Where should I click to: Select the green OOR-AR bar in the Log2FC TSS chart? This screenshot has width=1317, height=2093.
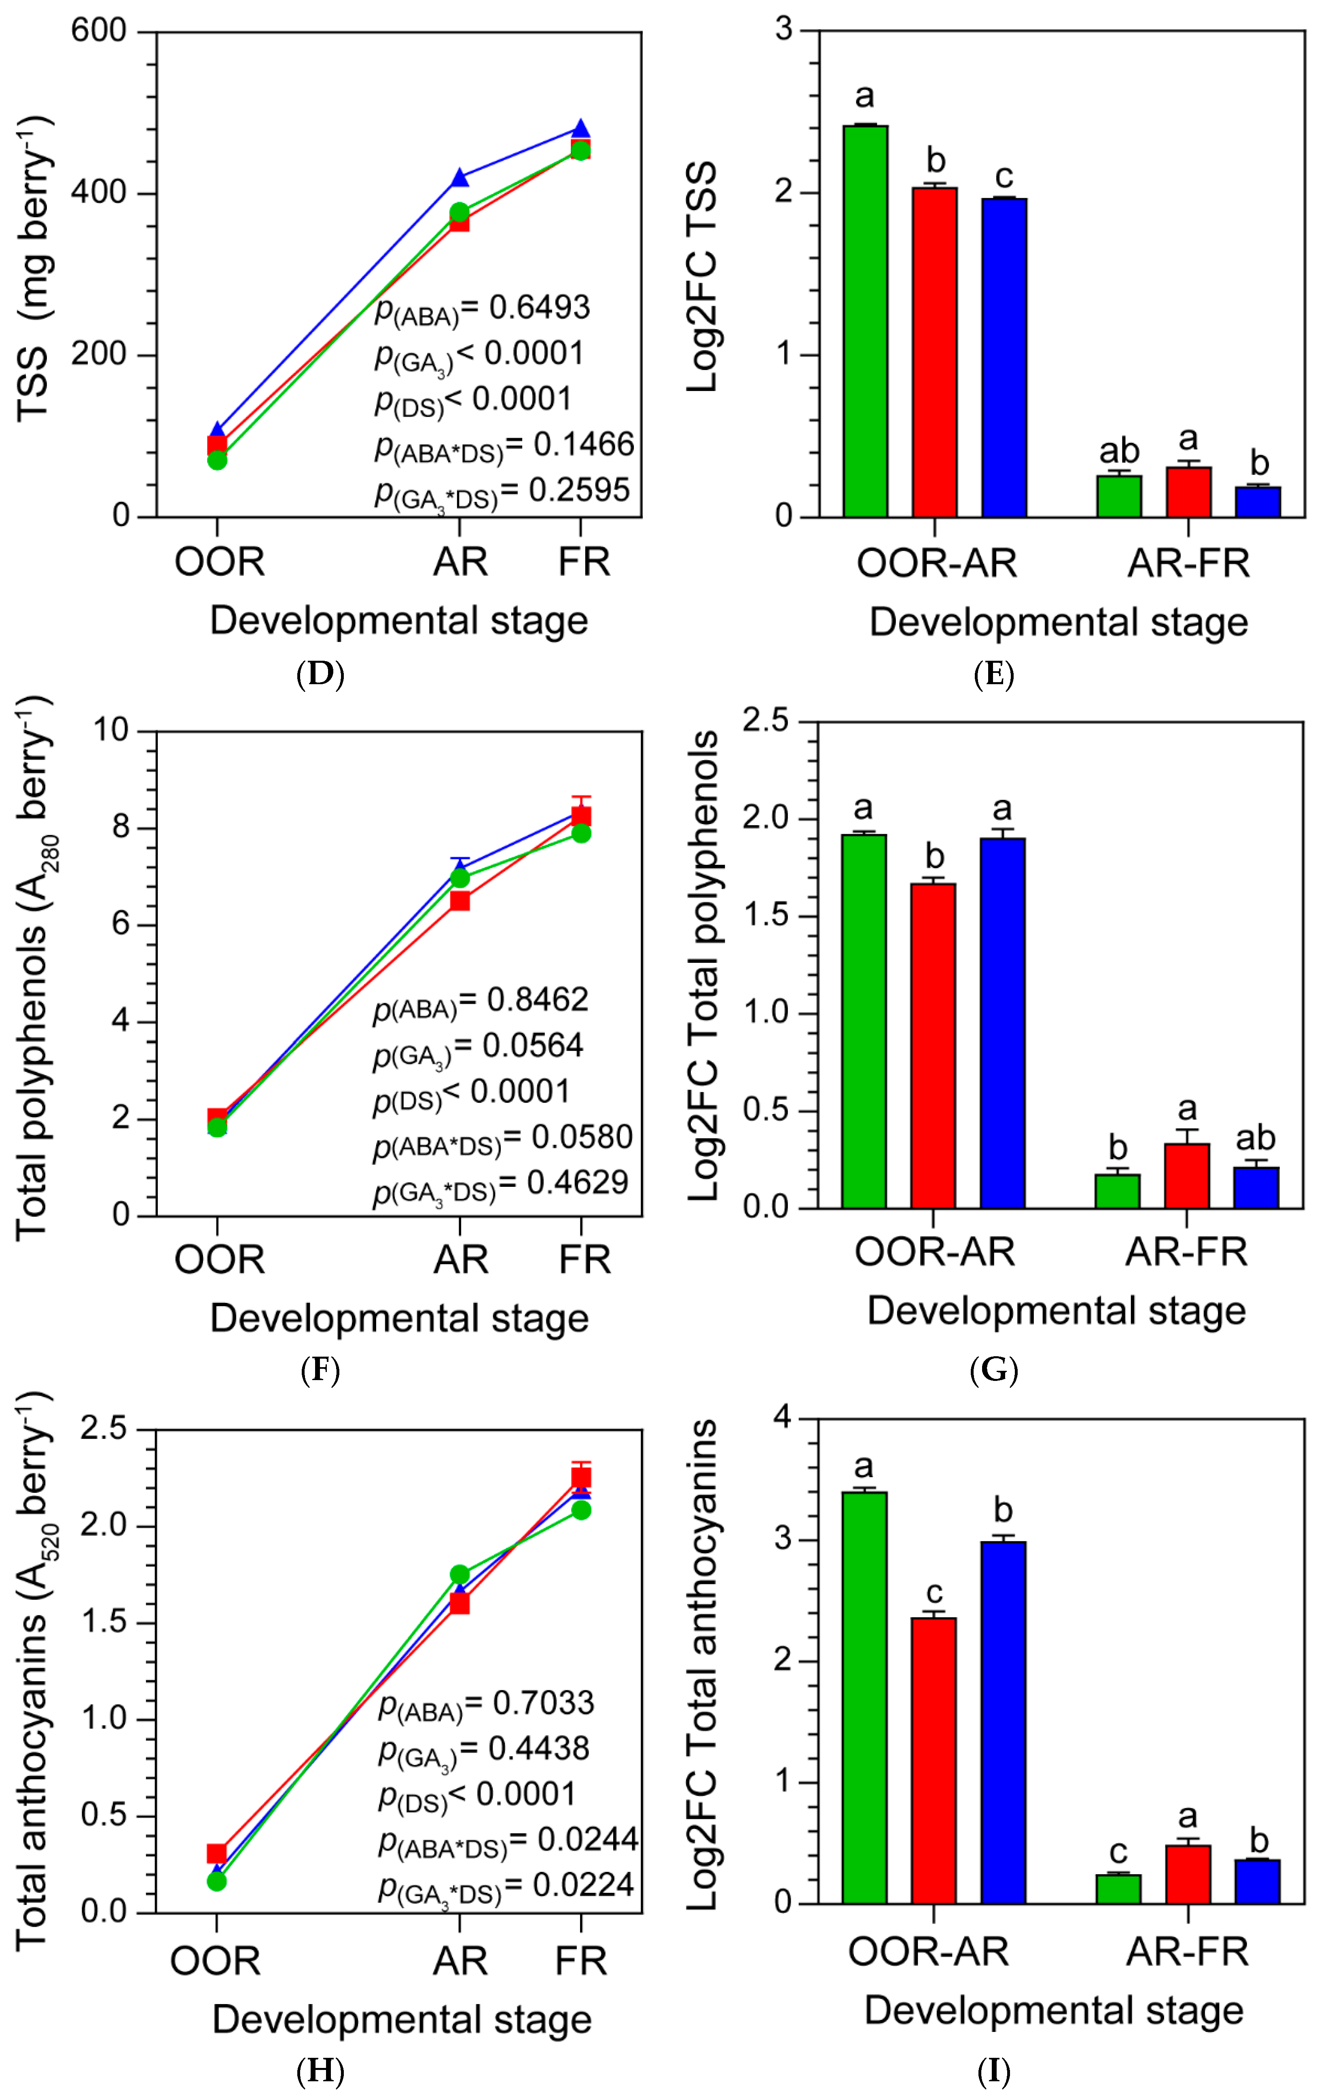865,321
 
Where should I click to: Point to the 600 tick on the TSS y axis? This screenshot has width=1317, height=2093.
99,31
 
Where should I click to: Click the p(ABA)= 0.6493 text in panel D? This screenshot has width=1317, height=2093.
483,309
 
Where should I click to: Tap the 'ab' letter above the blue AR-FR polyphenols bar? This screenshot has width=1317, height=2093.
1255,1138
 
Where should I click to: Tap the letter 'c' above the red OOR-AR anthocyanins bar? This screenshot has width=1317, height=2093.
934,1593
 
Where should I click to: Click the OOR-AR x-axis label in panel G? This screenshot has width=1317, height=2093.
934,1252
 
